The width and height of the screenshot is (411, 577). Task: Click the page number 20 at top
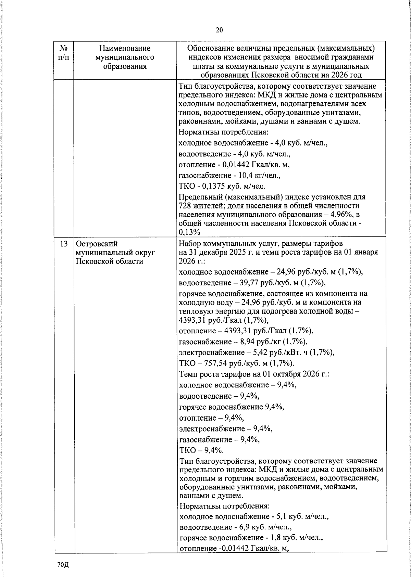click(219, 30)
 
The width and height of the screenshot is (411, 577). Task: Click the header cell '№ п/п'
click(63, 53)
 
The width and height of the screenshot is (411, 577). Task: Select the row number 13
click(63, 244)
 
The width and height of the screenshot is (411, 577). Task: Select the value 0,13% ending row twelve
click(189, 232)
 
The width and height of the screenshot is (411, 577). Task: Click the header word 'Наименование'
click(125, 49)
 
